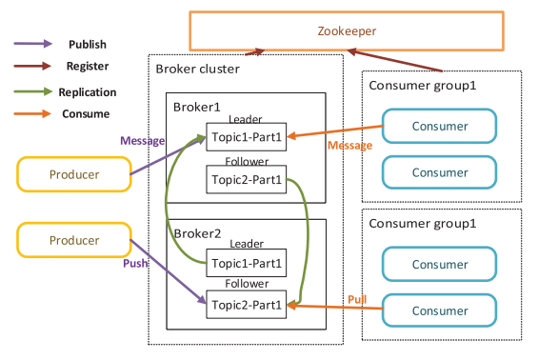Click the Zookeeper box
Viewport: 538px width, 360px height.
pos(347,30)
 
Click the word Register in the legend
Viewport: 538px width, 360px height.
pos(88,67)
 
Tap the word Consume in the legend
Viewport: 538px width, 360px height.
pos(87,114)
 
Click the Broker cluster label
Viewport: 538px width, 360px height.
pos(197,70)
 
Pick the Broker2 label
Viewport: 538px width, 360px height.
pos(196,233)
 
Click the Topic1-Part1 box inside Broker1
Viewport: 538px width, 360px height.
pos(247,137)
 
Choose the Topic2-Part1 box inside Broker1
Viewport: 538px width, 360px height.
pos(247,178)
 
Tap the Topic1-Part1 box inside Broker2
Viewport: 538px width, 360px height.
pos(247,263)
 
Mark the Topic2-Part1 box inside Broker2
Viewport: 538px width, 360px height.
pos(247,305)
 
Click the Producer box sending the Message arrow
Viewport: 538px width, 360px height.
pos(73,174)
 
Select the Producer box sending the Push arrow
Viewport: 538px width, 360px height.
pos(73,241)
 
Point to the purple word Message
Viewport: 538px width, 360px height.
pos(142,140)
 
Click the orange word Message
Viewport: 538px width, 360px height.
pos(349,146)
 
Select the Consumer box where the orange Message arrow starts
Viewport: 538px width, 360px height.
pos(439,126)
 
